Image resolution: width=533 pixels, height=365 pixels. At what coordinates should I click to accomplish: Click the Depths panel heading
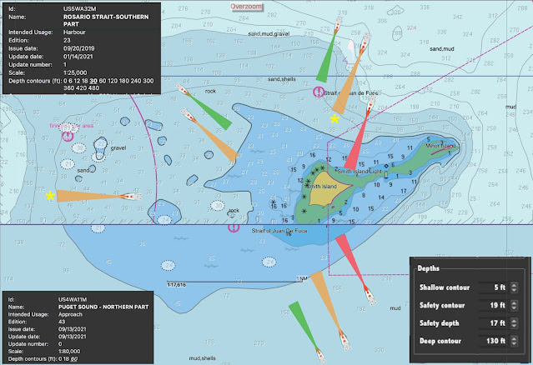[429, 269]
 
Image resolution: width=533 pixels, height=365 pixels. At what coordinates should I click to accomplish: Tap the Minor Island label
[440, 146]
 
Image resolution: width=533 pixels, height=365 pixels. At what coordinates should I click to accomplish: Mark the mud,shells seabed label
[202, 357]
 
